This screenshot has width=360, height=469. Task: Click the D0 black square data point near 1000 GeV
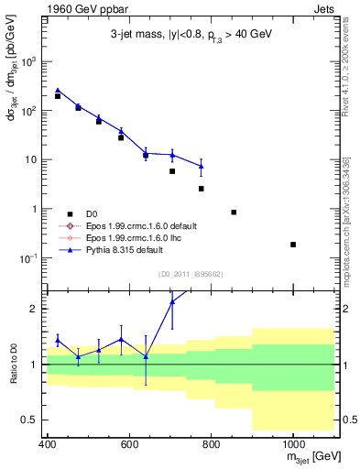click(x=293, y=245)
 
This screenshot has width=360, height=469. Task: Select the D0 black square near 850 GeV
click(x=235, y=213)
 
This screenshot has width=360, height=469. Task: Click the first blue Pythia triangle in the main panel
click(x=58, y=91)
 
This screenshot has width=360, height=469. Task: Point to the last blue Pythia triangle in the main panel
click(x=201, y=166)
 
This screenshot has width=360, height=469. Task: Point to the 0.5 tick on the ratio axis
click(x=33, y=420)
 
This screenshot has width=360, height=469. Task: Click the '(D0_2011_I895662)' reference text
click(x=192, y=274)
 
